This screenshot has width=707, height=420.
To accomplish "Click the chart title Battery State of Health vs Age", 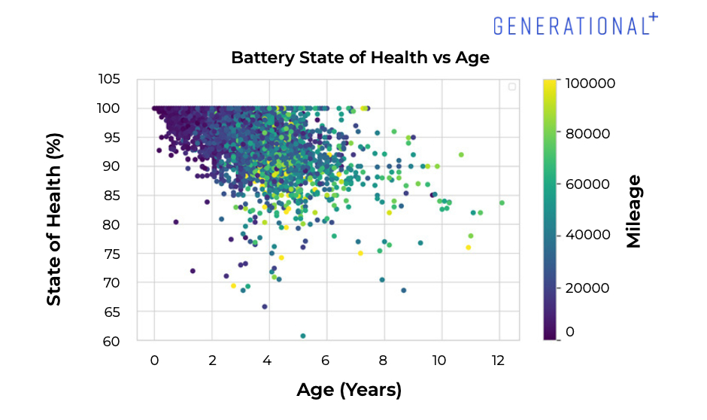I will pos(360,58).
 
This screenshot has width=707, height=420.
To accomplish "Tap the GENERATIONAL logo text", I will pos(570,26).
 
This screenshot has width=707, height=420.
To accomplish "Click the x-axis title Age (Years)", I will pos(349,390).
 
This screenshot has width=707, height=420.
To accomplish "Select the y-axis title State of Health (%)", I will pos(54,219).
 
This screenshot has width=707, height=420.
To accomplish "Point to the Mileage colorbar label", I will pos(633,211).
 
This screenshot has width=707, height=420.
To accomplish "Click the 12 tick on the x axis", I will pos(498,360).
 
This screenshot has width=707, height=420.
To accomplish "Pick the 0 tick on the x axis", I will pos(154,360).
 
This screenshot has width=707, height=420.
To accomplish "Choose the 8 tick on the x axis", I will pos(384,360).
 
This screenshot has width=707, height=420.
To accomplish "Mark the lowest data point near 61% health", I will pos(303,336).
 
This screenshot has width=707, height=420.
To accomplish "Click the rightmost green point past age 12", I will pos(502,202).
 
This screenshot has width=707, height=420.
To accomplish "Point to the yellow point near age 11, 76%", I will pos(468,248).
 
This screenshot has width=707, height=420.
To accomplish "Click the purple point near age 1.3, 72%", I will pos(193,271).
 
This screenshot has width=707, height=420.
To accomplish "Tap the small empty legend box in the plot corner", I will pos(512,87).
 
